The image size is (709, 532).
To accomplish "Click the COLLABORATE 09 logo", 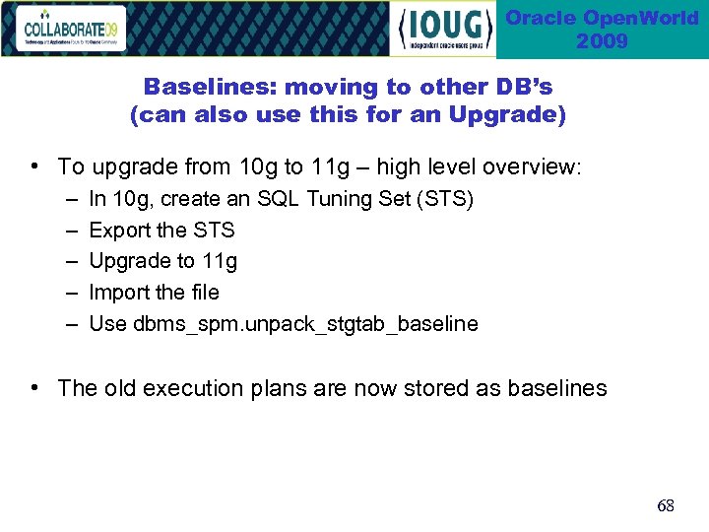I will [71, 29].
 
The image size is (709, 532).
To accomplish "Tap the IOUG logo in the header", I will [444, 30].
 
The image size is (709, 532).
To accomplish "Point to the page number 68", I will [666, 506].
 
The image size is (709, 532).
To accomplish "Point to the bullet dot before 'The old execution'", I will [35, 387].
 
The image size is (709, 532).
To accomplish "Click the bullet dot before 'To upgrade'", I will [35, 166].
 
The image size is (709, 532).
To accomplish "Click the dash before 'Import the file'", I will [75, 293].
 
